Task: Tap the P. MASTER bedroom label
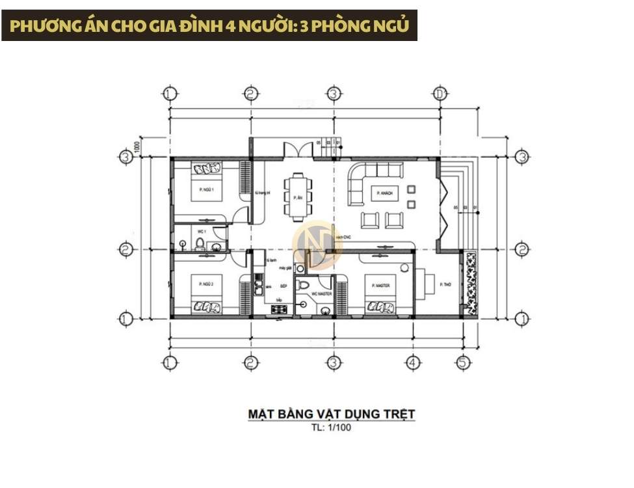point(377,285)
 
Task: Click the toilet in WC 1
point(200,243)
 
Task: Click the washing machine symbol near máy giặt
point(300,268)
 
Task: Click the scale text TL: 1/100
point(331,428)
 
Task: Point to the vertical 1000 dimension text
point(138,146)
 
